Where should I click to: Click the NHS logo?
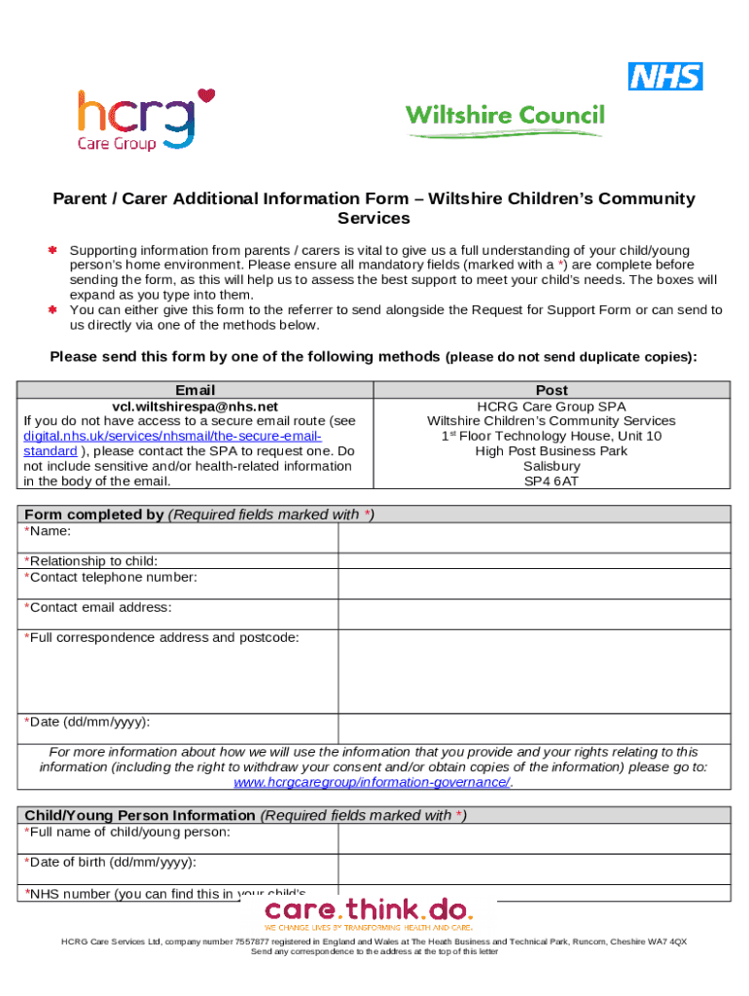(665, 76)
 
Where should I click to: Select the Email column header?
(195, 390)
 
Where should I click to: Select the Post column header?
(551, 390)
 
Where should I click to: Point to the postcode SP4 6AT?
(551, 480)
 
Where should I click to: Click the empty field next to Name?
(533, 538)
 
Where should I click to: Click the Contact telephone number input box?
(533, 583)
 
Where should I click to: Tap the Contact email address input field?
(533, 613)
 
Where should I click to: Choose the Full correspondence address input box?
(533, 670)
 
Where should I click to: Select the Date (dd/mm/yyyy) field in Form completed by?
(533, 728)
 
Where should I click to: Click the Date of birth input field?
(533, 869)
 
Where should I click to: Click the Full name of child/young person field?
(533, 838)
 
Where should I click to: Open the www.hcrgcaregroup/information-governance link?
(373, 782)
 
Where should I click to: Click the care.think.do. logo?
(369, 913)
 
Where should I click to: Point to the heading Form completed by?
(93, 515)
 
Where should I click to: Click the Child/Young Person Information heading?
(139, 815)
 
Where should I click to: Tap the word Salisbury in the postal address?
(551, 466)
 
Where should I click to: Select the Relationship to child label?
(91, 561)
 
